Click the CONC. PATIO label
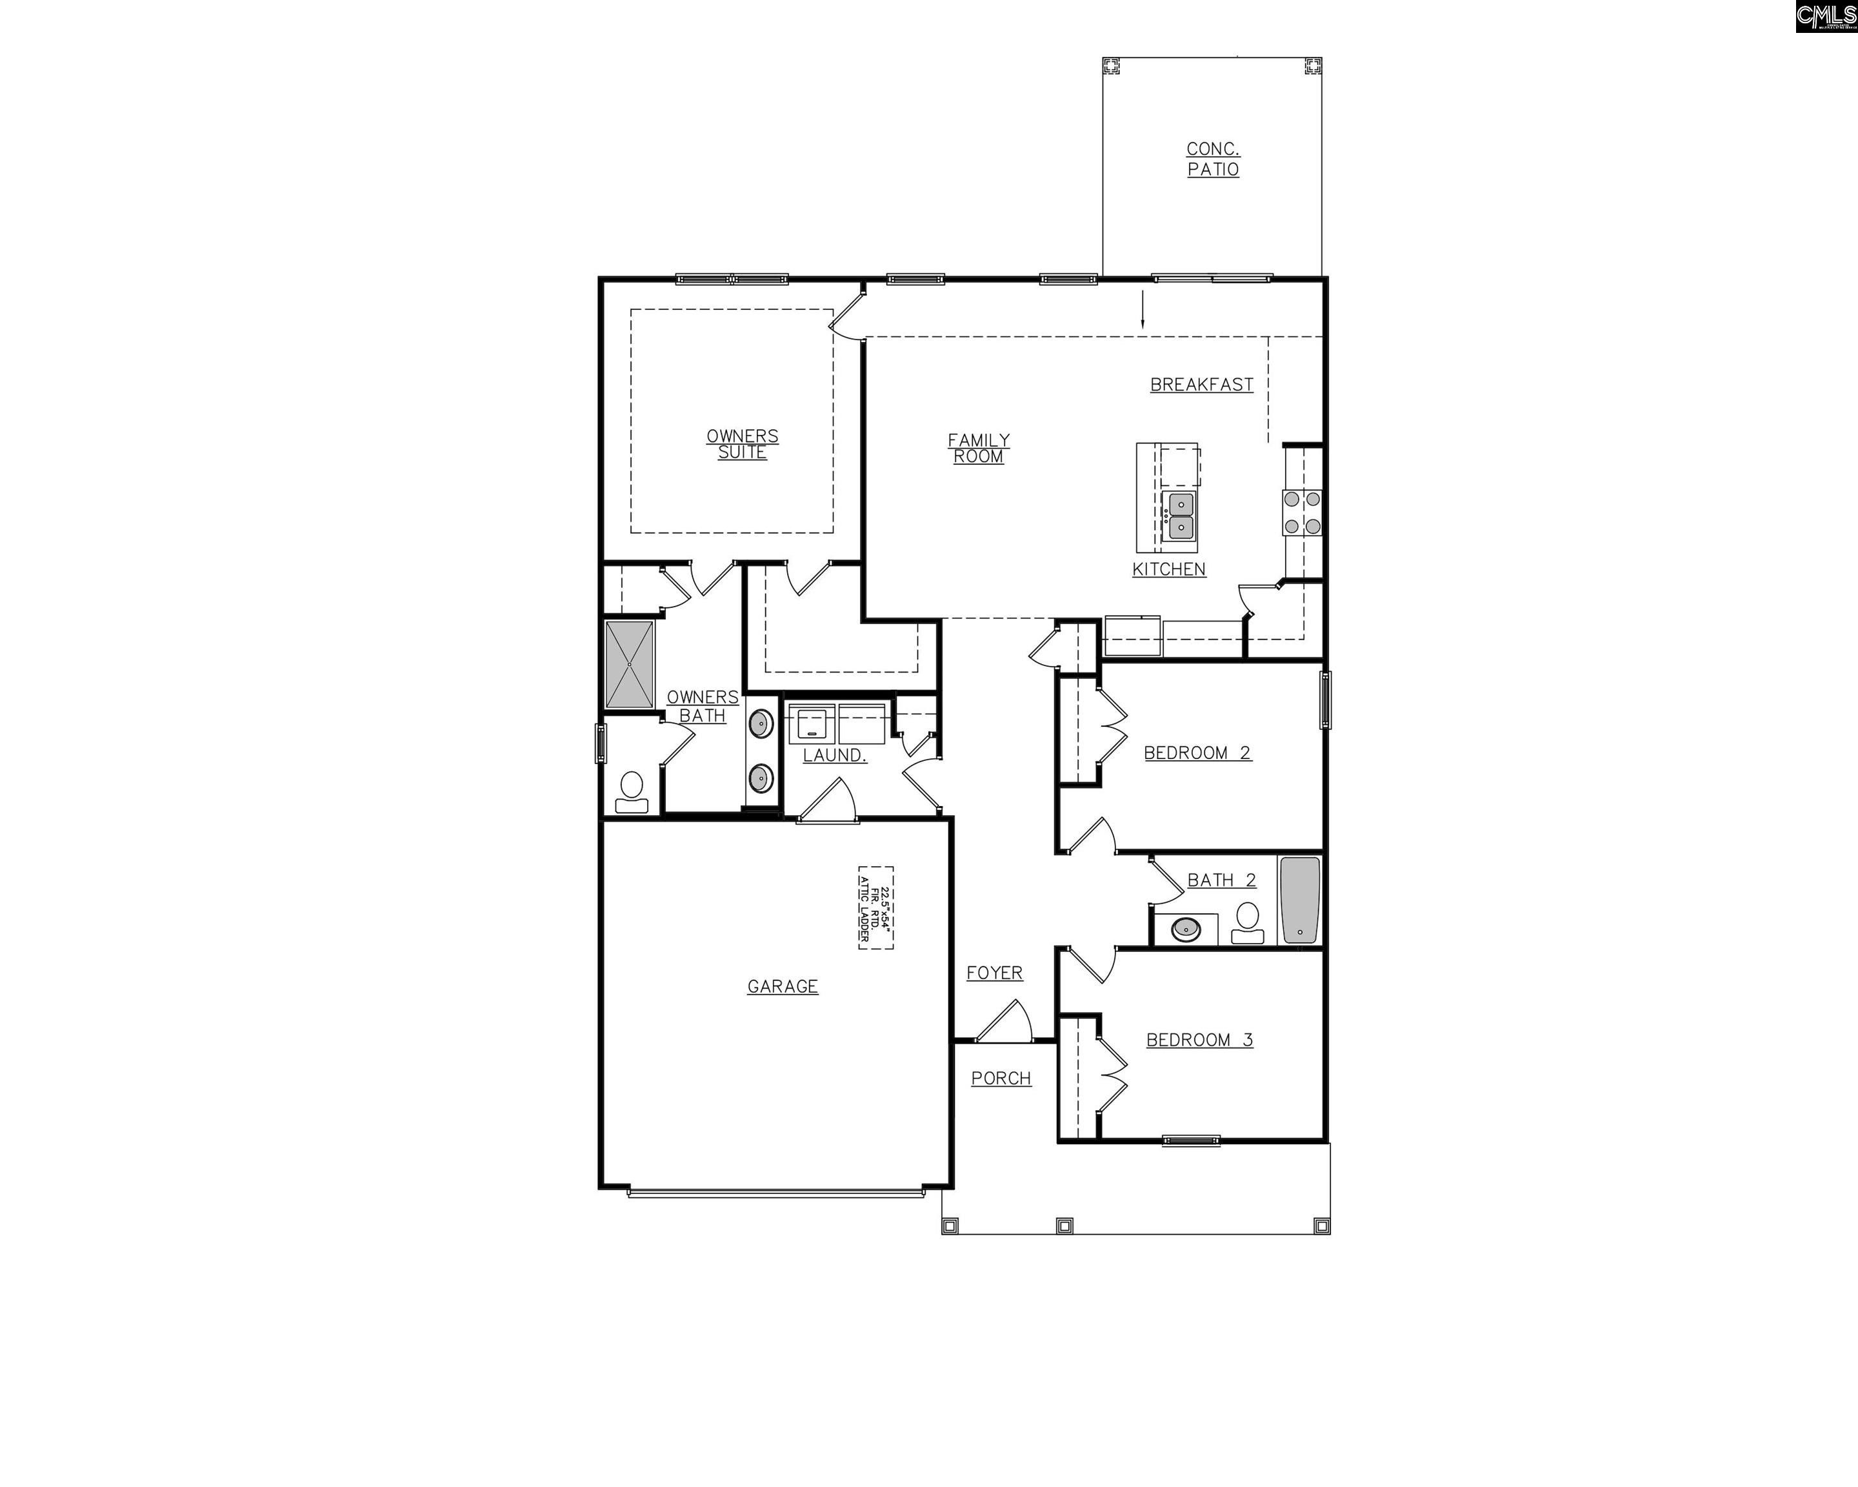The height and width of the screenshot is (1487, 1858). click(x=1212, y=159)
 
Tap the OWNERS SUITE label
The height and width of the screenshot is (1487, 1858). click(x=742, y=444)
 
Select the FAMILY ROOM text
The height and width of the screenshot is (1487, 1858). click(x=978, y=449)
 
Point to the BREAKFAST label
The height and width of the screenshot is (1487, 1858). click(x=1201, y=385)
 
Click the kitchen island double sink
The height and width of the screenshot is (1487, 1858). click(x=1181, y=514)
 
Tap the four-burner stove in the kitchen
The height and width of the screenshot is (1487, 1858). click(x=1302, y=512)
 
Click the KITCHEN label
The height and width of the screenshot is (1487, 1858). click(x=1168, y=569)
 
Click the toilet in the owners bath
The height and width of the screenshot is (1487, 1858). click(x=632, y=791)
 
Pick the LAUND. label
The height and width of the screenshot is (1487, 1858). click(x=834, y=755)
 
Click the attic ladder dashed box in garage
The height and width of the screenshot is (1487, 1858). click(x=875, y=907)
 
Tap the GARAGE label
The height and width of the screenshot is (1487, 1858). click(x=783, y=986)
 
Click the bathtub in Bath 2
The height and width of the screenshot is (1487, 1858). click(x=1299, y=900)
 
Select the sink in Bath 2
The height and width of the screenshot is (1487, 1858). click(x=1186, y=928)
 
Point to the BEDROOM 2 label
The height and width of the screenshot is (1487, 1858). click(x=1197, y=753)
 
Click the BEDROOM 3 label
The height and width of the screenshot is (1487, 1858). click(x=1199, y=1040)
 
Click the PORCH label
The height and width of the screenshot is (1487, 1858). click(x=1001, y=1078)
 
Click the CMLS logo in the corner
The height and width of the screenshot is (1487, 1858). click(x=1825, y=15)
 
